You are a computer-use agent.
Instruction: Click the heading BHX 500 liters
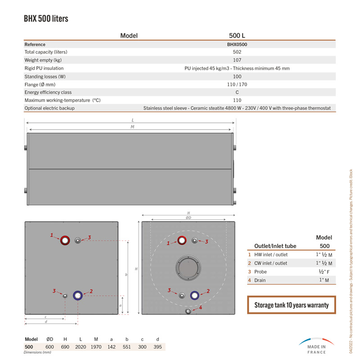tap(46, 19)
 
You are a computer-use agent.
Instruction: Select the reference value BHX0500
tap(237, 45)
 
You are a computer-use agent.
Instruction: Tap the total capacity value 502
tap(237, 52)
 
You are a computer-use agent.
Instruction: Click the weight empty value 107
tap(237, 60)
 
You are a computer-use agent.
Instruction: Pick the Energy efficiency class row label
tap(48, 92)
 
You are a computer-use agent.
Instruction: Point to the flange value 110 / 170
tap(237, 85)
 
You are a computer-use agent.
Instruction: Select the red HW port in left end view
tap(65, 240)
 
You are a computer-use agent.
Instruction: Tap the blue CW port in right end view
tap(195, 295)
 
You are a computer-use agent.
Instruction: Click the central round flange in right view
tap(189, 268)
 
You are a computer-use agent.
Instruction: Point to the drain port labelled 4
tap(188, 311)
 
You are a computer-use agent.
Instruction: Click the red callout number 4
tap(201, 308)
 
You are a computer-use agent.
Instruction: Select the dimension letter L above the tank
tap(133, 120)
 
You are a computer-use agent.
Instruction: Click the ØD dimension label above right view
tap(189, 218)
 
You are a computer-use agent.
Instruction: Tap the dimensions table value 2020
tap(81, 347)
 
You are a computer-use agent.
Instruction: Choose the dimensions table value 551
tap(127, 347)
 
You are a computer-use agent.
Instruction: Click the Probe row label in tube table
tap(261, 272)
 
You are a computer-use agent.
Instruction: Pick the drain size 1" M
tap(324, 280)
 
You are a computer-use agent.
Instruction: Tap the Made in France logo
tap(316, 346)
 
